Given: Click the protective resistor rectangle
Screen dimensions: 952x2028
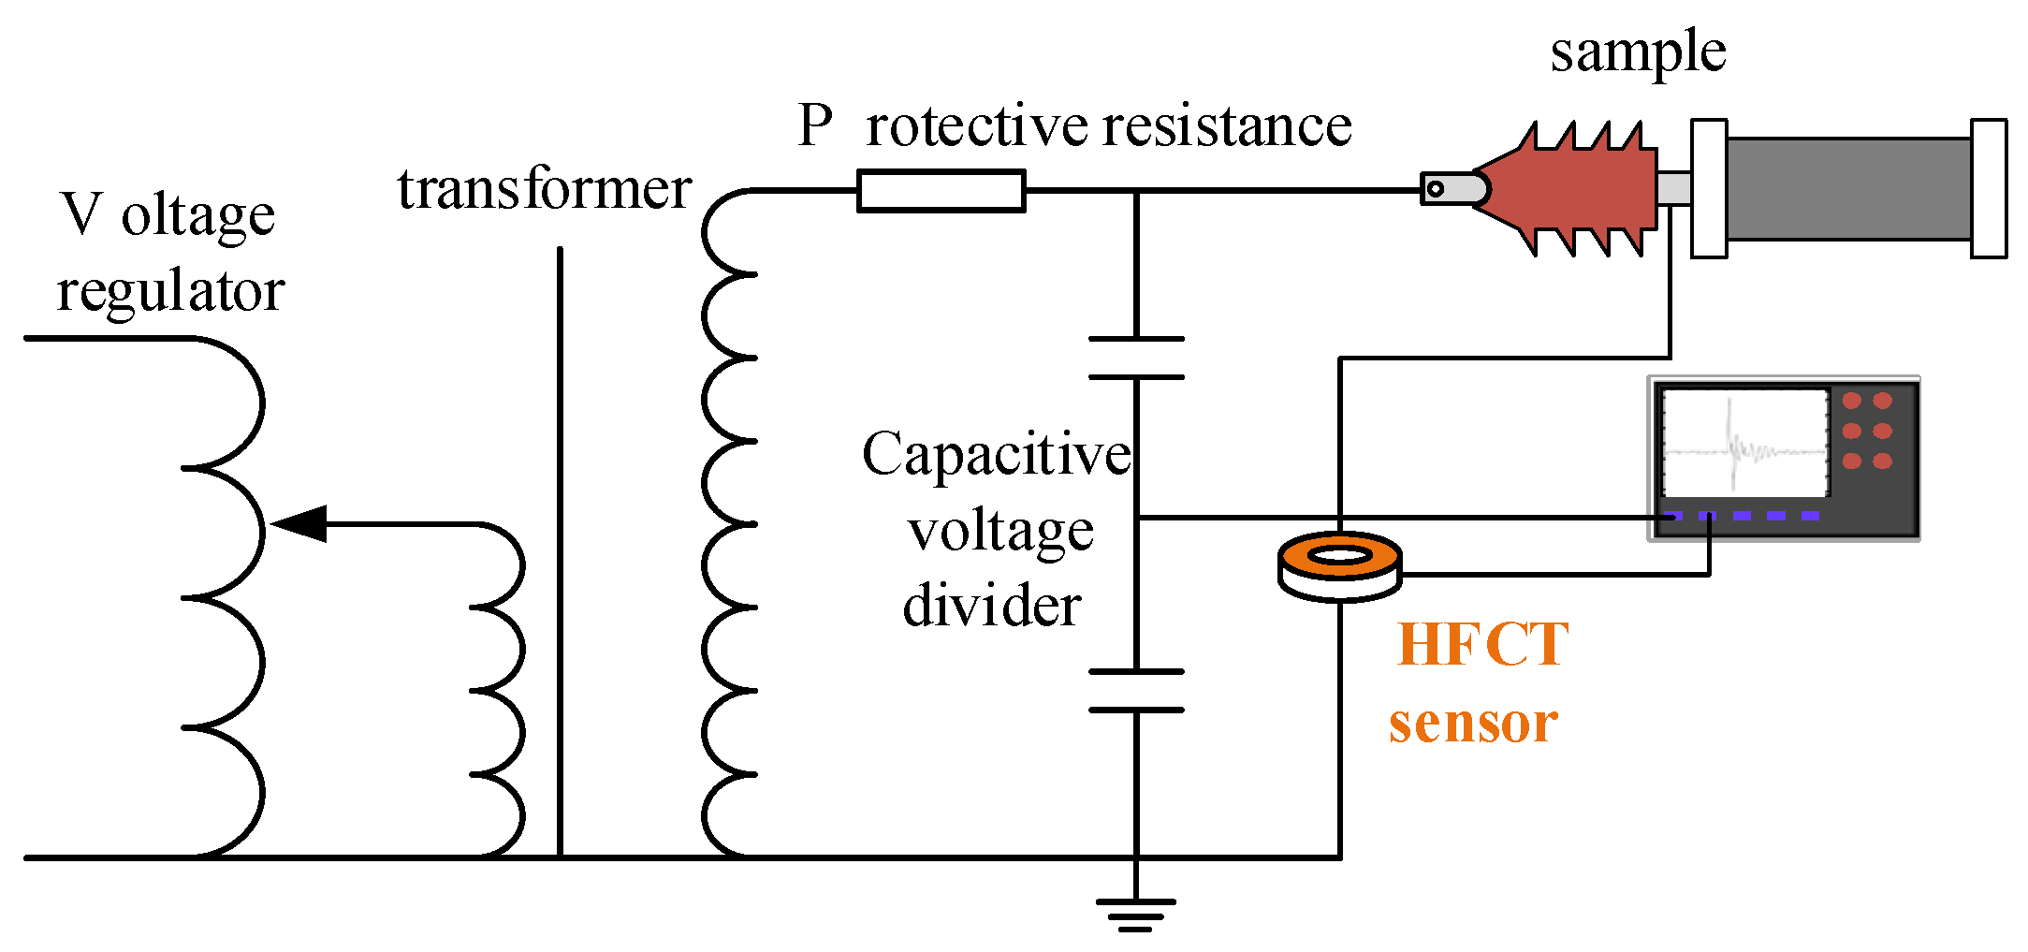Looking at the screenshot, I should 941,191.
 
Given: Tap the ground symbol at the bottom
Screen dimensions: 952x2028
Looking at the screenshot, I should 1135,914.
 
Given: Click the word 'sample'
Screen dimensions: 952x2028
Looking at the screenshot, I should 1638,51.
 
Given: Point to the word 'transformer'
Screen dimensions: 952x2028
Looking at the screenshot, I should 545,189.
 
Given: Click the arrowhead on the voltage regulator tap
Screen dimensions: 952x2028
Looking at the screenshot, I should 298,524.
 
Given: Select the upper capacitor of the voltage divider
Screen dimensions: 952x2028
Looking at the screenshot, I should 1136,358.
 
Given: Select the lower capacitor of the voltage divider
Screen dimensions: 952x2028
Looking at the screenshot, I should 1136,691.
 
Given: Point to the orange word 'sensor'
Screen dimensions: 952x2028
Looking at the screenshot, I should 1473,723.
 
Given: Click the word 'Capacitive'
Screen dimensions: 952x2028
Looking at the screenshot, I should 996,456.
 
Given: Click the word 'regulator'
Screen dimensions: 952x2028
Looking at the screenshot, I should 170,292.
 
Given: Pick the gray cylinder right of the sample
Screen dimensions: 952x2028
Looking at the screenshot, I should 1848,188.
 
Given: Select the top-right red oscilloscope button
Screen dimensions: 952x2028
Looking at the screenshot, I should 1882,401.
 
